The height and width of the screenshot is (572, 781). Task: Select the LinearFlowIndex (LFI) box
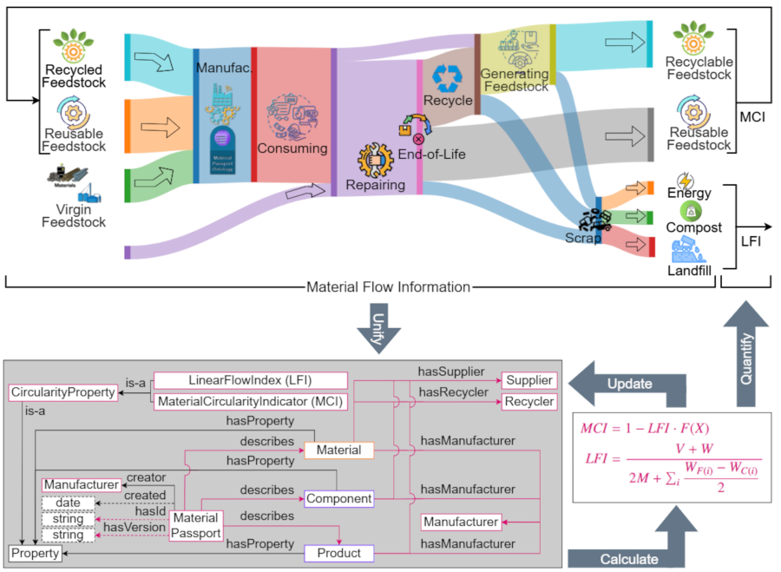250,380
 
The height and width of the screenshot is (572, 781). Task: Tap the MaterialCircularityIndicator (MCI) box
251,401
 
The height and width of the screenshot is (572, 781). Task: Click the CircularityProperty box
62,392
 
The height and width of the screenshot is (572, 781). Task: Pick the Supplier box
529,380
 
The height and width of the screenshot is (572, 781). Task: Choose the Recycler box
529,401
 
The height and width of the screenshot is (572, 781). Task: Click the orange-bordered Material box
338,450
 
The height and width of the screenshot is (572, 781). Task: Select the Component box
339,499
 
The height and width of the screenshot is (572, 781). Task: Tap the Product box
338,553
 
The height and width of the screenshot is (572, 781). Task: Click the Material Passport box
195,525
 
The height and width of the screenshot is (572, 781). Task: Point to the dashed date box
68,503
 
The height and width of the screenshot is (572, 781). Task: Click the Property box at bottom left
35,553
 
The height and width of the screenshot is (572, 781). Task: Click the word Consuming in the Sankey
292,148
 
